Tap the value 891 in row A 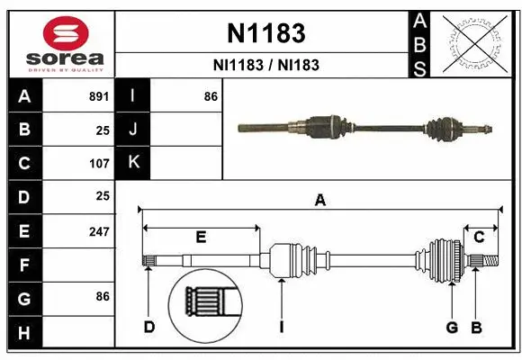coord(98,96)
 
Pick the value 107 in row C coord(98,164)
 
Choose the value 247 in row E coord(98,231)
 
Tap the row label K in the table coord(133,163)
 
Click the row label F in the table coord(23,265)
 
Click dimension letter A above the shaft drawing coord(319,202)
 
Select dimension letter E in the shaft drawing coord(201,238)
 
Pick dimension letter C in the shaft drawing coord(479,237)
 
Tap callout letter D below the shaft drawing coord(149,327)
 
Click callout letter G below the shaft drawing coord(452,327)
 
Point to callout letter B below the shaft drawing coord(477,327)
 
